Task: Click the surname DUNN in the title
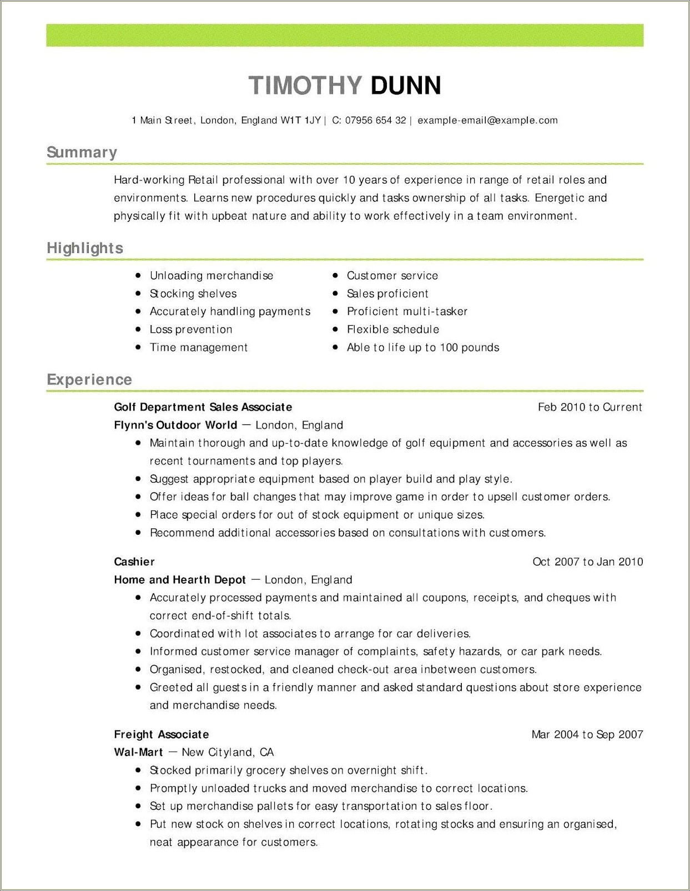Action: [406, 85]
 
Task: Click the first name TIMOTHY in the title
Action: [305, 85]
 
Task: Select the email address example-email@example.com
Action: [487, 120]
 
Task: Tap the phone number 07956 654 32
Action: [375, 120]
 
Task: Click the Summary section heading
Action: [82, 153]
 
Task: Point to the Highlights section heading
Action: [85, 248]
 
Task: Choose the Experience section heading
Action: [89, 379]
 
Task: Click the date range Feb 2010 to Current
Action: [590, 407]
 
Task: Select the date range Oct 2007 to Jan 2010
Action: [587, 561]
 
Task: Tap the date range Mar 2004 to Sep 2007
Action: [587, 735]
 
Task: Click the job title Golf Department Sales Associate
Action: [203, 407]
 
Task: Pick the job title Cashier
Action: [134, 561]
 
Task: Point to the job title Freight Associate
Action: [161, 735]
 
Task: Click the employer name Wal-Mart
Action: [138, 752]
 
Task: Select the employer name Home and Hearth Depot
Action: [179, 580]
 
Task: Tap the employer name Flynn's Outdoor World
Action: [175, 425]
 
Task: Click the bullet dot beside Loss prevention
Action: [138, 330]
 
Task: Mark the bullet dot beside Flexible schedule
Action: [335, 330]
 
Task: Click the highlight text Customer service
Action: [392, 276]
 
